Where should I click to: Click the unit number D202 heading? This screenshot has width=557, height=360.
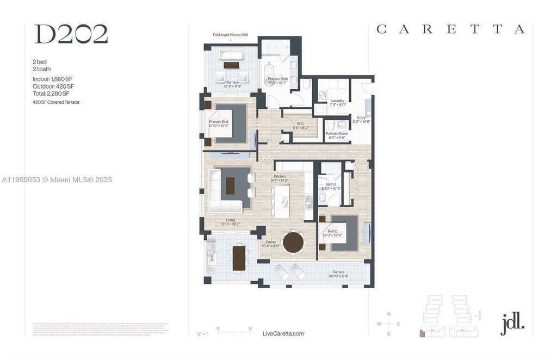[71, 34]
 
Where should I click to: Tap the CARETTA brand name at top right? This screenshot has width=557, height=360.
[450, 29]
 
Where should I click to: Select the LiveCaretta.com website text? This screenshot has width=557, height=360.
[283, 333]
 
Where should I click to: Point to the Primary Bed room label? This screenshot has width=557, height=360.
[218, 122]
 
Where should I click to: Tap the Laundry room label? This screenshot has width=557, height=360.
[338, 101]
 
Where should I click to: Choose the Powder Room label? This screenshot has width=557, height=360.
[337, 133]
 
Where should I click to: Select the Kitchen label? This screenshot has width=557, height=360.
[280, 176]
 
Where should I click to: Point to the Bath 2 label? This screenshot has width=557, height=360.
[331, 185]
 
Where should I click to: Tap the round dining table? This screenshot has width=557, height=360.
[294, 242]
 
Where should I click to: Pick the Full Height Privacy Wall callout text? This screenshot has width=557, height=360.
[231, 35]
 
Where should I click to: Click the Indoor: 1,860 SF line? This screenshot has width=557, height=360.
[52, 79]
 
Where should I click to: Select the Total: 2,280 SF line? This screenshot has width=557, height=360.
[51, 94]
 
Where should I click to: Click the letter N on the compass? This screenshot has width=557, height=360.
[388, 314]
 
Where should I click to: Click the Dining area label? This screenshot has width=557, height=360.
[271, 242]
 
